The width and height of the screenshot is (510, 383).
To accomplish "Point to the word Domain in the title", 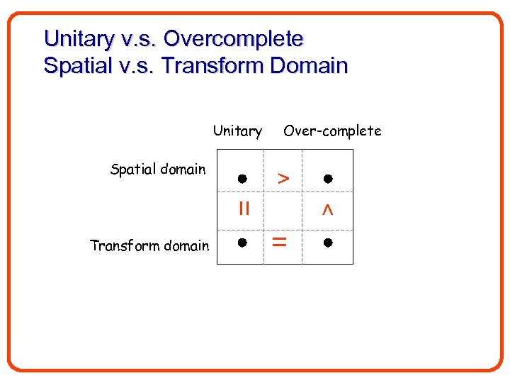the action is pyautogui.click(x=311, y=66).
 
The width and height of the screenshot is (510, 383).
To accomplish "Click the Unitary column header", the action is pyautogui.click(x=237, y=131).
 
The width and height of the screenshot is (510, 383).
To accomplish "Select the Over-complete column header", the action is pyautogui.click(x=332, y=131).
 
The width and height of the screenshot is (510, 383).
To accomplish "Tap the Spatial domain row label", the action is pyautogui.click(x=158, y=170).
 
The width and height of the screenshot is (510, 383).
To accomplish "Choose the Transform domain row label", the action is pyautogui.click(x=149, y=246).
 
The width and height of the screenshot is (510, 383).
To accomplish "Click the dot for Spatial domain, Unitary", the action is pyautogui.click(x=242, y=178).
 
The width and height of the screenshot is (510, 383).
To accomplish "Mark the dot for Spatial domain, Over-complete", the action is pyautogui.click(x=327, y=178).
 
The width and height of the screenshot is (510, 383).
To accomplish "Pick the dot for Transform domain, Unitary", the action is pyautogui.click(x=242, y=243).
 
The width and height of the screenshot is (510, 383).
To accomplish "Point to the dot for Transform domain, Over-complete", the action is pyautogui.click(x=327, y=243).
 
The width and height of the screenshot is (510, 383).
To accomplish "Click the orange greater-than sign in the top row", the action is pyautogui.click(x=283, y=179).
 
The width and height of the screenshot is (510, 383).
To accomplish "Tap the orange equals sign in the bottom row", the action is pyautogui.click(x=280, y=243).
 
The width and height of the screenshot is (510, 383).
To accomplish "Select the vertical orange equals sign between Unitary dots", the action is pyautogui.click(x=244, y=209).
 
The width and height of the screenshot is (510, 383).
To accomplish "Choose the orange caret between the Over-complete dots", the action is pyautogui.click(x=327, y=210).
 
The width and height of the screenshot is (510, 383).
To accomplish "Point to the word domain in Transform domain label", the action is pyautogui.click(x=186, y=246).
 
